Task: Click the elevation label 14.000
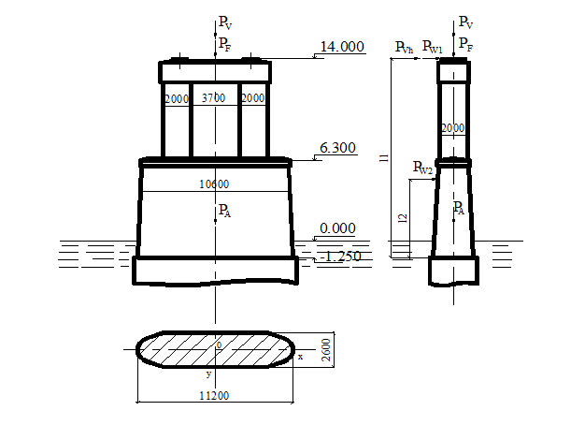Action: [342, 47]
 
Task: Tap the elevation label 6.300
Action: [337, 148]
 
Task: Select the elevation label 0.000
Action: [337, 228]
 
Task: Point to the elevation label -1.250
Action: [341, 257]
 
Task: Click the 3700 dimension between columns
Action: [213, 98]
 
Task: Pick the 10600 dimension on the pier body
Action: [214, 184]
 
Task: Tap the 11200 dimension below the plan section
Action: [214, 395]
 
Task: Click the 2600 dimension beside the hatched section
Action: [326, 350]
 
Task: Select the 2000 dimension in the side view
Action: [453, 128]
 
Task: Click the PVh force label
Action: [404, 48]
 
